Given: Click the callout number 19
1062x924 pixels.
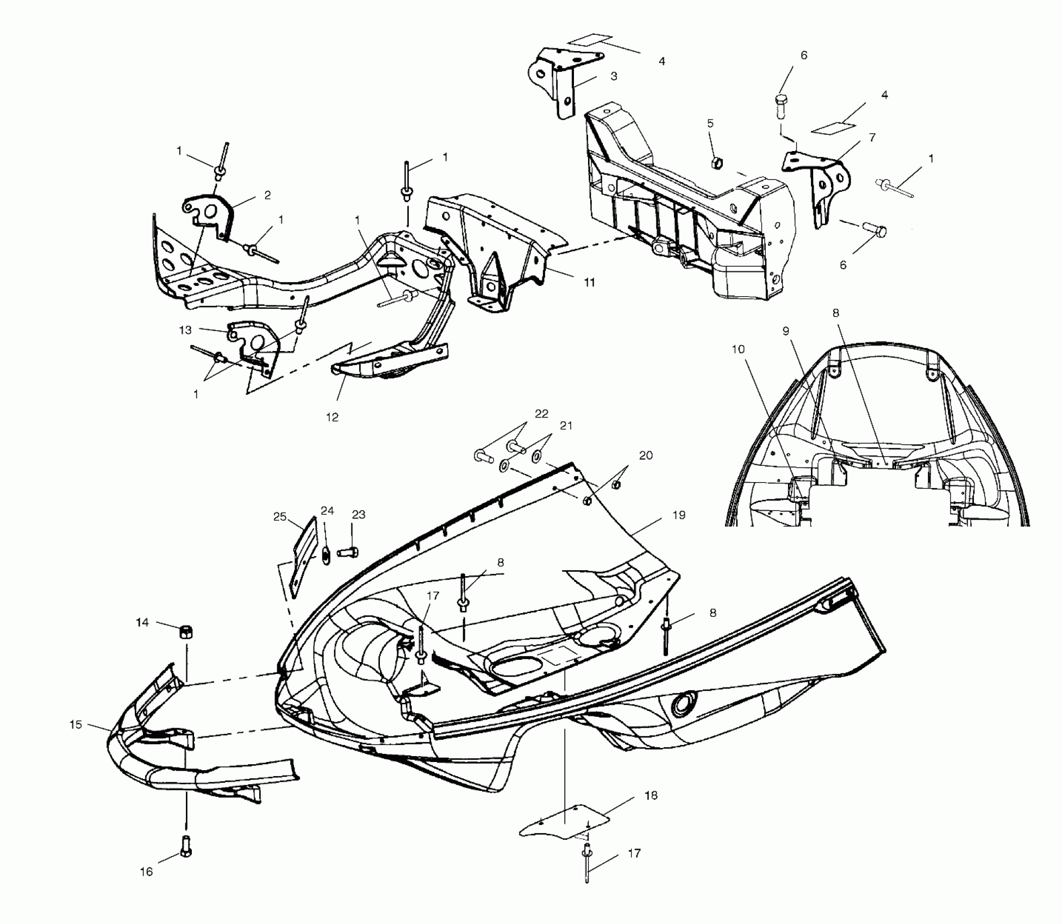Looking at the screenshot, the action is tap(678, 515).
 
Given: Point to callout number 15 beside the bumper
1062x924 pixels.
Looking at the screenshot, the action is tap(76, 725).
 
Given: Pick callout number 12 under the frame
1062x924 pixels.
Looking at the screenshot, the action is tap(332, 417).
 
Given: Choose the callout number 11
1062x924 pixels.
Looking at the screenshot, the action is tap(589, 282).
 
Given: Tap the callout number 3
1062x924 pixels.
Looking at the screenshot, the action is tap(614, 77).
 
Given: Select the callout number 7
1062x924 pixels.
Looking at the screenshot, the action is tap(872, 138).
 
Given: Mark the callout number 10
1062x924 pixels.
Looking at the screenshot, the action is tap(738, 349).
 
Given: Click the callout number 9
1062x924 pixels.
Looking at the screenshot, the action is tap(786, 331).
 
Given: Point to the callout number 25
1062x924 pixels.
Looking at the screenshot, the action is tap(280, 516).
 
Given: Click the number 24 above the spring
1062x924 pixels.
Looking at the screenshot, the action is tap(327, 510).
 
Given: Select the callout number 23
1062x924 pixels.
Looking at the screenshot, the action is tap(359, 514).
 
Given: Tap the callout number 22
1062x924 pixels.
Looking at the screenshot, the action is tap(541, 414).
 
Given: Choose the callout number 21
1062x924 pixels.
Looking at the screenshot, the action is tap(566, 426).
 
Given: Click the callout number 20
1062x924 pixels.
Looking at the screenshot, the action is tap(646, 455).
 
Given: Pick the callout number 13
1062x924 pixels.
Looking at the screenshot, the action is tap(185, 330).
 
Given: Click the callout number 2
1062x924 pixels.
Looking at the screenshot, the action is tap(267, 195).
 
